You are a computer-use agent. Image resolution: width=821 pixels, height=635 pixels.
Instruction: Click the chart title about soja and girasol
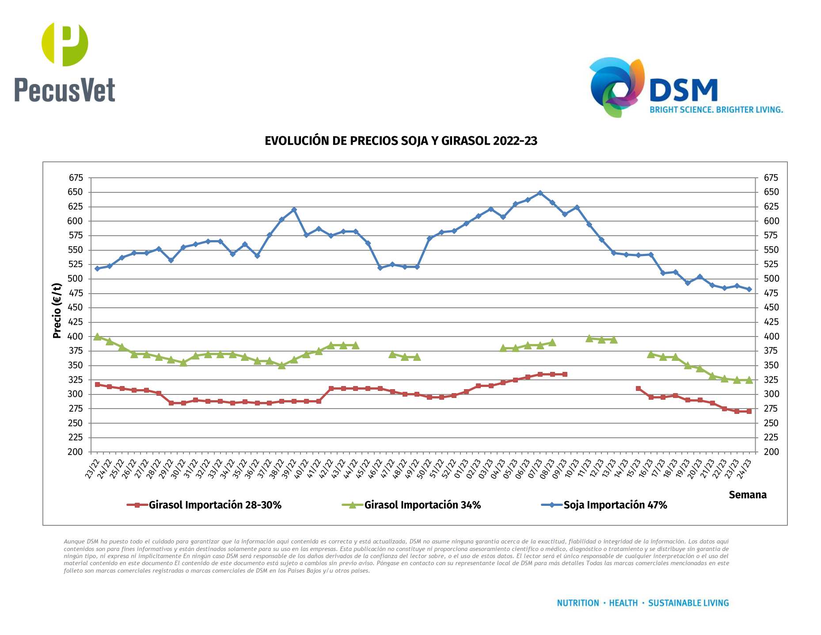point(401,141)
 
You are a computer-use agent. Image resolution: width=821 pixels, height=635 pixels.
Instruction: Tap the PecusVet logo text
point(65,90)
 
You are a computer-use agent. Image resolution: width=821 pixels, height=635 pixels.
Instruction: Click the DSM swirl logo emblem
point(617,87)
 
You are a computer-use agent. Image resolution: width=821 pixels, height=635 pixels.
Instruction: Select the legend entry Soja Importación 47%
point(615,505)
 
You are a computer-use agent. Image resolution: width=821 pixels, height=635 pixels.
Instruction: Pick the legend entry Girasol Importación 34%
point(422,505)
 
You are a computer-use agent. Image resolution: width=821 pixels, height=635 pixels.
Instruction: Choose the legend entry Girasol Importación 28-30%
point(215,505)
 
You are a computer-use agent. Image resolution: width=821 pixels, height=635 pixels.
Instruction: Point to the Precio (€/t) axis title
point(57,310)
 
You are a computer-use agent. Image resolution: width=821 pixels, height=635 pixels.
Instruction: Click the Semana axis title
point(747,495)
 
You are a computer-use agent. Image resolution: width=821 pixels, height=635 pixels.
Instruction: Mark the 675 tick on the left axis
point(76,178)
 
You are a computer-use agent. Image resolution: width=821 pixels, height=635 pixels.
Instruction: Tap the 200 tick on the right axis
point(771,452)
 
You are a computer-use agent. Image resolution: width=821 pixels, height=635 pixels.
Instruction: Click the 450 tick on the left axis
point(76,307)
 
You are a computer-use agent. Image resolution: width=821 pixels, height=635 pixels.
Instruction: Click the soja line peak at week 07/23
point(540,193)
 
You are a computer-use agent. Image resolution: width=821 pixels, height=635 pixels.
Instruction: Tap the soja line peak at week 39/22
point(294,210)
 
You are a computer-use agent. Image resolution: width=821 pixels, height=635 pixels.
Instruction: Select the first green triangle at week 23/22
point(97,337)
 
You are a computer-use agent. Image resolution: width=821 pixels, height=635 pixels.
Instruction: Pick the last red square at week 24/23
point(749,411)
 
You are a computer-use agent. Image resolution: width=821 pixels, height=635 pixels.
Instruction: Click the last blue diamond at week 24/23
point(749,289)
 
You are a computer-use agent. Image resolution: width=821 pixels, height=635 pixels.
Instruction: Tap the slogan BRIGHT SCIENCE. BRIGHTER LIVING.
point(716,110)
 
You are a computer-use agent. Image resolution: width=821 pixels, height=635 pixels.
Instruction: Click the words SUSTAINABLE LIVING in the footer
point(688,603)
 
